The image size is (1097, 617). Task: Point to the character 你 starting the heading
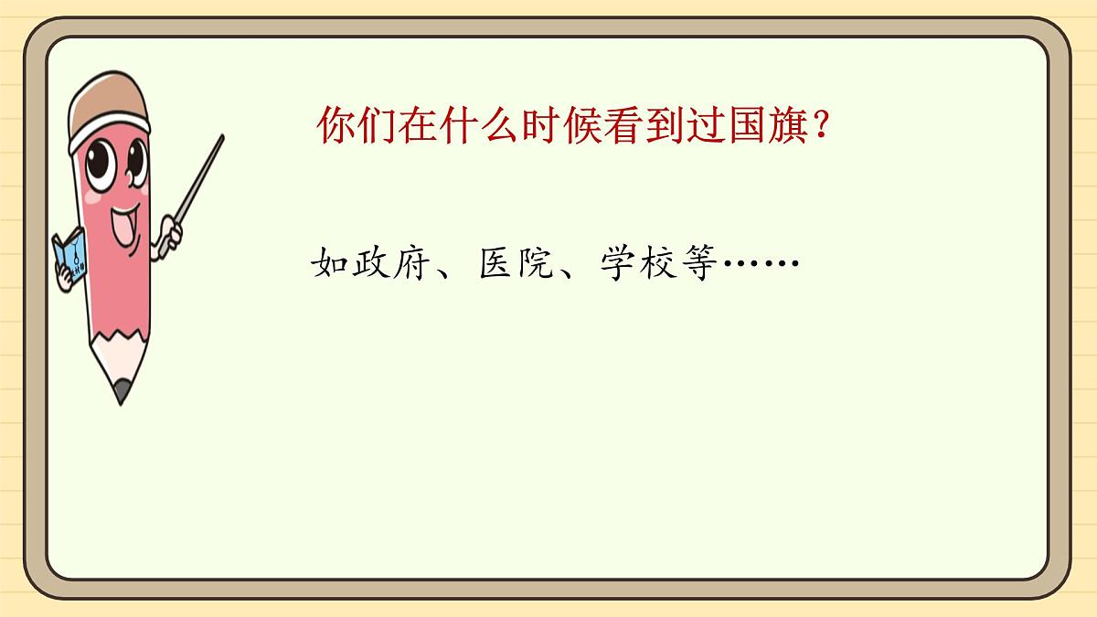[x=335, y=127]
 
